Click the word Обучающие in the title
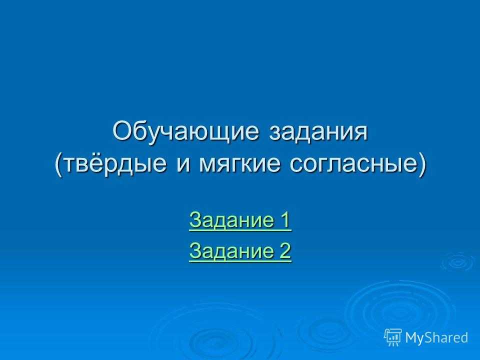point(186,131)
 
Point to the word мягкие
point(239,164)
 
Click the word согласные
point(352,164)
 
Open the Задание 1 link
point(240,220)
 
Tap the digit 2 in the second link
point(284,250)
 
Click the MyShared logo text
point(436,337)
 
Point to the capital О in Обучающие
point(122,131)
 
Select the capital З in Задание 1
point(195,219)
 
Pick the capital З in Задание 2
point(195,250)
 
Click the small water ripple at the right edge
point(458,262)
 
